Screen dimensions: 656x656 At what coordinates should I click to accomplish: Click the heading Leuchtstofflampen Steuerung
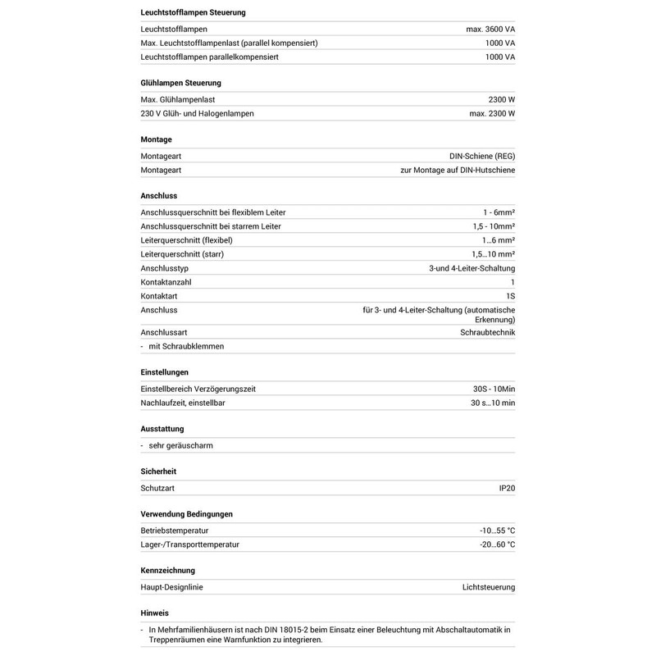[x=193, y=13]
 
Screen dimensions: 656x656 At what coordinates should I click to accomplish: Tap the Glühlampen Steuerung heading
[x=181, y=84]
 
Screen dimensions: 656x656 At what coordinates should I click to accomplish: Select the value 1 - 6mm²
[x=499, y=212]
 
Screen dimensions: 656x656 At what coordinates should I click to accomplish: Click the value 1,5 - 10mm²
[x=493, y=226]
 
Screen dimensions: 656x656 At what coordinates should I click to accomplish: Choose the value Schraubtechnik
[x=487, y=332]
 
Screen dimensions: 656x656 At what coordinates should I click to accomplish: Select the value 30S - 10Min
[x=490, y=389]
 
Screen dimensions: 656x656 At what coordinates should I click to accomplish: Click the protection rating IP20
[x=506, y=488]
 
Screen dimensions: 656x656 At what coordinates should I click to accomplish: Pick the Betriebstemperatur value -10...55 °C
[x=497, y=531]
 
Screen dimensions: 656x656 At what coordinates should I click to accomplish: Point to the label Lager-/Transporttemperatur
[x=190, y=544]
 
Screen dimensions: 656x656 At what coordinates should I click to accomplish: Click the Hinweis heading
[x=155, y=613]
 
